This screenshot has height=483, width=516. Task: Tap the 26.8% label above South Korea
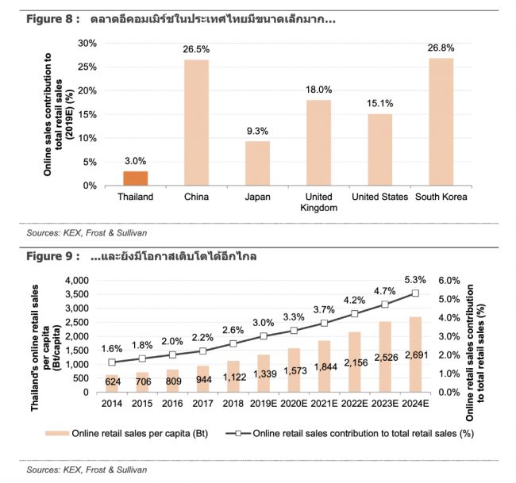(x=441, y=48)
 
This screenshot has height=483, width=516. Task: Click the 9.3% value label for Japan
(x=257, y=131)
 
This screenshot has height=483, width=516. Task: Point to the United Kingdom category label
(x=318, y=202)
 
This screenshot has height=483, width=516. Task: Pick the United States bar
(x=379, y=150)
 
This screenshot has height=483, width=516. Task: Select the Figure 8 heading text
(x=171, y=18)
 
